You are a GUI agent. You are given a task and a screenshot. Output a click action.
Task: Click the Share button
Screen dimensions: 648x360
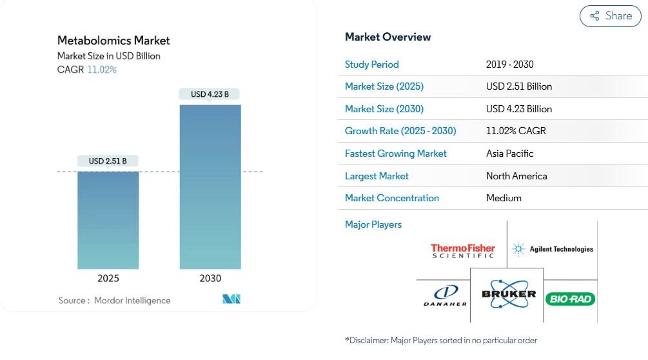(x=611, y=16)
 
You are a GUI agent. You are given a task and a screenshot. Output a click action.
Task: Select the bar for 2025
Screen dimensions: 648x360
(x=108, y=220)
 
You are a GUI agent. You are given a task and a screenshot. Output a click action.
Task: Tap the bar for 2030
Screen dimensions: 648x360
(x=210, y=187)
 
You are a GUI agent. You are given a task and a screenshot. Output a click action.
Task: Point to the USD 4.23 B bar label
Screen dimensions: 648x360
(x=210, y=94)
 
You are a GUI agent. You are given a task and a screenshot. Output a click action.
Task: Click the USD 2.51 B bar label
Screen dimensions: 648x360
(x=108, y=161)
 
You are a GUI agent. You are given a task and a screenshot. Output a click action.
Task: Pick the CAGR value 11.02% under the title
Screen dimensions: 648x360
(x=102, y=70)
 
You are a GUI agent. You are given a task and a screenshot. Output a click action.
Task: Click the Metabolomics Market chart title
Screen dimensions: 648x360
(x=113, y=41)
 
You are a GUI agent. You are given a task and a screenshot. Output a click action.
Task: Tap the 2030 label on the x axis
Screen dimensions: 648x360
(x=210, y=279)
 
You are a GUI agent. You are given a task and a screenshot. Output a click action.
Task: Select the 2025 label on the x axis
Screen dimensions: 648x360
(x=108, y=279)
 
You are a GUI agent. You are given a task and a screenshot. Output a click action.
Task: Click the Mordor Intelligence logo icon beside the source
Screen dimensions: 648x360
(x=231, y=299)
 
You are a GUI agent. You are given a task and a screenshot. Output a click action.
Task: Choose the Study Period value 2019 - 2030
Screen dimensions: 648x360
(x=509, y=65)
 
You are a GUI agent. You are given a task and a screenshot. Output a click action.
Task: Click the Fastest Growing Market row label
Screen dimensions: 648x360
(x=395, y=154)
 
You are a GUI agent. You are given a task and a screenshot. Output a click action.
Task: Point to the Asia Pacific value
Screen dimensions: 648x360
(x=509, y=154)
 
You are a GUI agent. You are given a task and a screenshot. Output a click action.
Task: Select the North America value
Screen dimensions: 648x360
(x=516, y=176)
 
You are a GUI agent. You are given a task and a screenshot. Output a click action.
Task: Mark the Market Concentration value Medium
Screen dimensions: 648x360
(x=504, y=198)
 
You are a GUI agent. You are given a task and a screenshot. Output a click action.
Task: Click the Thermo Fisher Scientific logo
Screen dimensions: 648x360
(x=463, y=251)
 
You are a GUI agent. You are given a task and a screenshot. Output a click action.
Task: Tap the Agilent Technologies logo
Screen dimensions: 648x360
(x=552, y=249)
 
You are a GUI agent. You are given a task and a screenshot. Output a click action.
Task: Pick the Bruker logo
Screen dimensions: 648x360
(x=509, y=294)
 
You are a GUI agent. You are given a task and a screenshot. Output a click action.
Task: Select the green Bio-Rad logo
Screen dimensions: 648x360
(x=571, y=299)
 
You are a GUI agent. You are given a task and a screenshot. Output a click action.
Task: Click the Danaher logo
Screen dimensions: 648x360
(x=445, y=296)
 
